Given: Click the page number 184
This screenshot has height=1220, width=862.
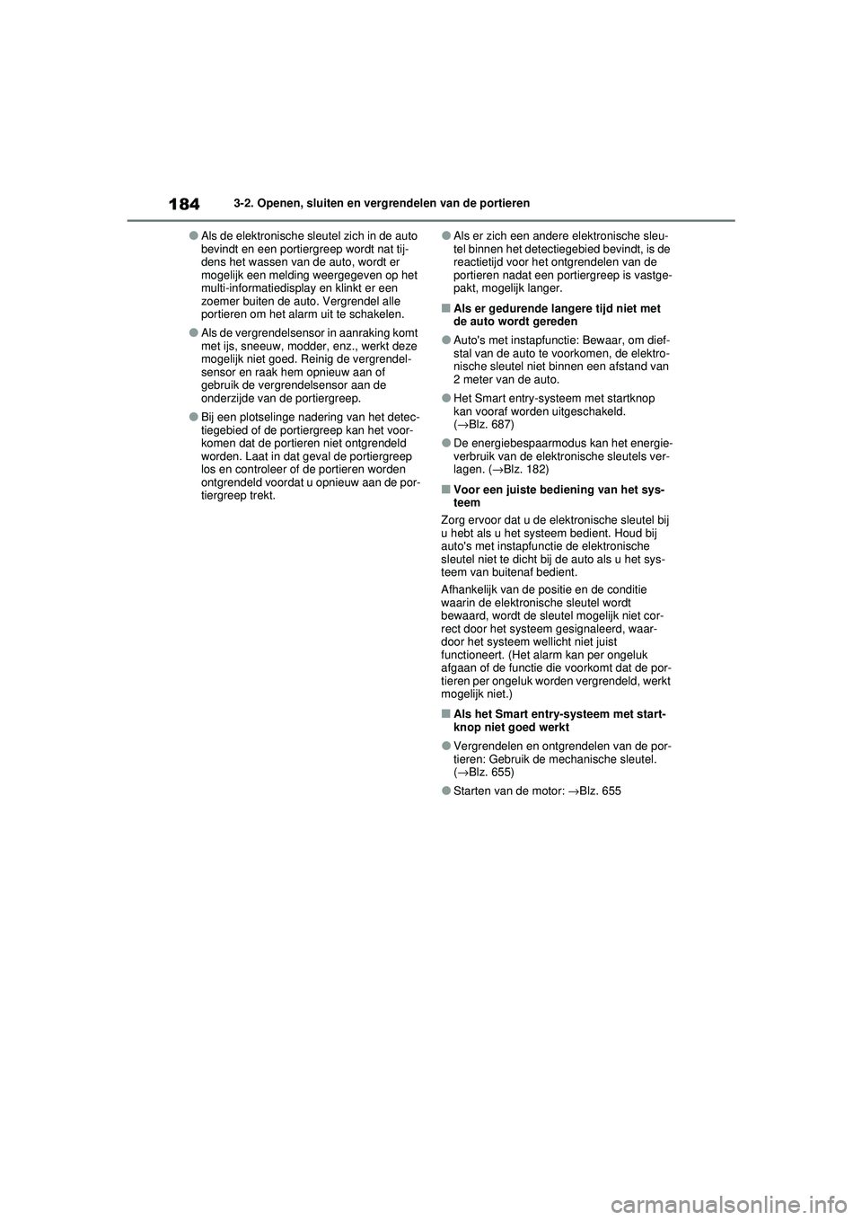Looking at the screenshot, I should tap(183, 204).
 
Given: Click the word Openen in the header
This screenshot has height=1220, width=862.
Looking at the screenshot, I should tap(278, 203).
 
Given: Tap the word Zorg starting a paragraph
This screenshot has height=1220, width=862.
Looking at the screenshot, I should tap(453, 520).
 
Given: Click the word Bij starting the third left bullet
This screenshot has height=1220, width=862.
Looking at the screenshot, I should tap(207, 417).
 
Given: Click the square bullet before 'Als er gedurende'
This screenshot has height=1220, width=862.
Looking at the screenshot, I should tap(445, 309).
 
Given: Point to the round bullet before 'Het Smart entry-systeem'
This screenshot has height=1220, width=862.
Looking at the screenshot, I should tap(446, 398).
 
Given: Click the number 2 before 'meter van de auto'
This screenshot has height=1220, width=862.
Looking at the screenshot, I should tap(457, 380).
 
